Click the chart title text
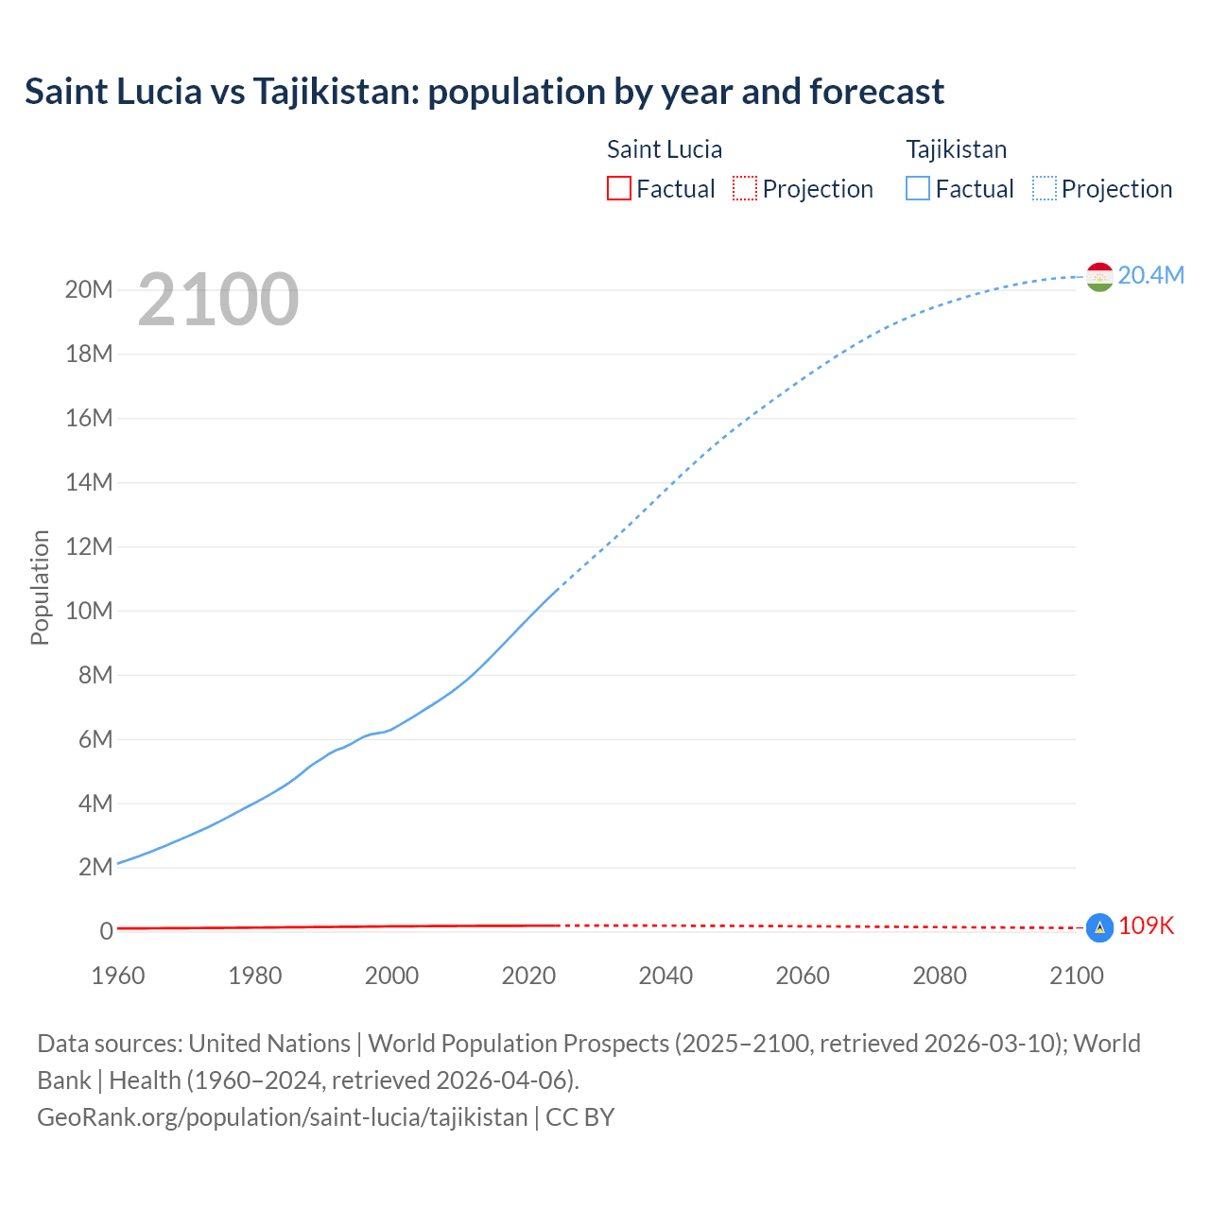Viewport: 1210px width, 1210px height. click(x=484, y=92)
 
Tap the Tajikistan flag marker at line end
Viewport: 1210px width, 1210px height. click(x=1099, y=276)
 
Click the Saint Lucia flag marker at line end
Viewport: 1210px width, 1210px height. click(x=1099, y=928)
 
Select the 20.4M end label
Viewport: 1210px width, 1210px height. click(x=1150, y=275)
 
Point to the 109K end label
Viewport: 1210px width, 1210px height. click(x=1146, y=926)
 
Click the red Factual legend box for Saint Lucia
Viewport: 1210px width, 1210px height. click(x=618, y=188)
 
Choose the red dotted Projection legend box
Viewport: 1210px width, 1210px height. click(x=745, y=188)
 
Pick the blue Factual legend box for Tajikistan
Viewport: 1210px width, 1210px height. click(x=918, y=188)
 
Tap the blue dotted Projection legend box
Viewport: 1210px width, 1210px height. click(x=1045, y=188)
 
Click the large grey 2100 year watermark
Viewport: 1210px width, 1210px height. click(x=218, y=300)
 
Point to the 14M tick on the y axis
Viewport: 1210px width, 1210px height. click(x=89, y=482)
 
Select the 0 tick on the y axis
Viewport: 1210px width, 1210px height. click(x=106, y=931)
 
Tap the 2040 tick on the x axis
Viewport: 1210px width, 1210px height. click(x=665, y=976)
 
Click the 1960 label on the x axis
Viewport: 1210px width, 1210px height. click(x=118, y=976)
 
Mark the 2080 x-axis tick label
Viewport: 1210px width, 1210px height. click(x=940, y=976)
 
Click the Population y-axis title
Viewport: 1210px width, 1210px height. click(x=40, y=587)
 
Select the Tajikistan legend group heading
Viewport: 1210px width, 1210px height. click(x=956, y=149)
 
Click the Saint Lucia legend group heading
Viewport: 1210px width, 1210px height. click(x=664, y=149)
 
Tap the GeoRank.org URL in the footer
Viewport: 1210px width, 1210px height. click(x=282, y=1116)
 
